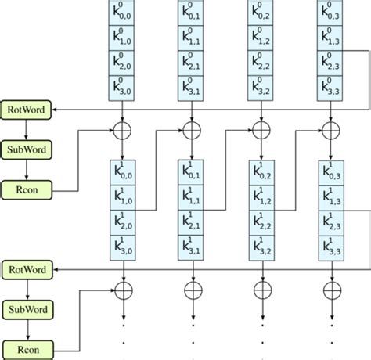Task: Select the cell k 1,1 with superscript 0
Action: [193, 38]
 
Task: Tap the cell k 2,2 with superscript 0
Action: [261, 63]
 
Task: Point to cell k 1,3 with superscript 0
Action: [330, 38]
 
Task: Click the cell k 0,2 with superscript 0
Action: [261, 13]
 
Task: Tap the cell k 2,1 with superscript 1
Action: [193, 222]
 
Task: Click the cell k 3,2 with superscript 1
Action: [261, 247]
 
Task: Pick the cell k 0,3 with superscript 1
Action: [330, 172]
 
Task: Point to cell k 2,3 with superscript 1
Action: [330, 222]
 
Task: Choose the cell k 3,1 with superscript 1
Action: [193, 247]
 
